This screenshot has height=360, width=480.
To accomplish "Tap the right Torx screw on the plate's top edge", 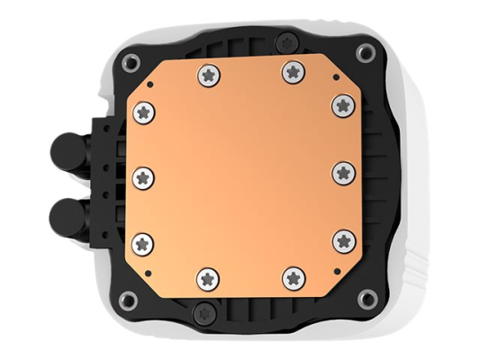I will [x=291, y=69].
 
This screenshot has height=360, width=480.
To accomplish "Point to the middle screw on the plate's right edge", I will [x=342, y=171].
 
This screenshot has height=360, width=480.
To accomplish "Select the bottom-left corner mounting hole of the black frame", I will [x=126, y=299].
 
